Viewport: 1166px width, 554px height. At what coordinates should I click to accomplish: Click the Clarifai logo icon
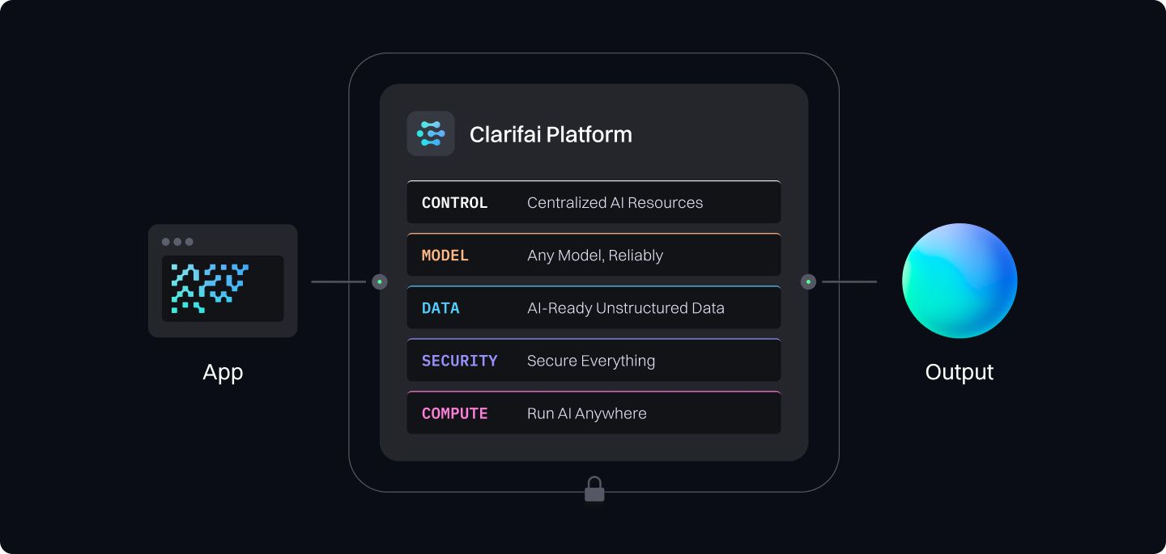click(x=430, y=133)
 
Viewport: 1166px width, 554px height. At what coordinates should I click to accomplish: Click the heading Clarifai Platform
click(x=551, y=134)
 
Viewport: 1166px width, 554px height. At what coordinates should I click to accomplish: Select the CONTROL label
click(x=454, y=203)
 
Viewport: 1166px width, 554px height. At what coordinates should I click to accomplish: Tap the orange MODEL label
click(x=445, y=256)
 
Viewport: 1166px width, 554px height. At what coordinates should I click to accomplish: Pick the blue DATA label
click(x=440, y=308)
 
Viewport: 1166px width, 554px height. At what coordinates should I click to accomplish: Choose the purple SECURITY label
click(x=459, y=361)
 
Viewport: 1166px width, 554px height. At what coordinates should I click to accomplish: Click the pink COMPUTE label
click(x=454, y=413)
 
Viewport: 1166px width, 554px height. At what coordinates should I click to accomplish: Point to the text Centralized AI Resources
click(x=615, y=203)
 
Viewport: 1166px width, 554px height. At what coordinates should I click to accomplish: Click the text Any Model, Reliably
click(x=594, y=256)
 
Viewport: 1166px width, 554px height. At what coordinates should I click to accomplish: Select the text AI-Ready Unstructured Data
click(x=625, y=308)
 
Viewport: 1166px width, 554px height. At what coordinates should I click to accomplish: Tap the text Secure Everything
click(x=590, y=361)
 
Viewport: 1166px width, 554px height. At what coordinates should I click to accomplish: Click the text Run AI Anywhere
click(x=586, y=413)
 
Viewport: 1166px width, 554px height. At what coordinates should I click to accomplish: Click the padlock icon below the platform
click(x=594, y=489)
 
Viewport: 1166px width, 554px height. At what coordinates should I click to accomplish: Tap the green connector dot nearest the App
click(x=380, y=281)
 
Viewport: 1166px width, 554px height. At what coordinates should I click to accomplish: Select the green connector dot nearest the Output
click(x=808, y=281)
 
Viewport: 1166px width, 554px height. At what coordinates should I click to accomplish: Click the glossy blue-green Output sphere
click(x=960, y=281)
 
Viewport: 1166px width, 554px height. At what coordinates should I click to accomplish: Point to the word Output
click(x=960, y=372)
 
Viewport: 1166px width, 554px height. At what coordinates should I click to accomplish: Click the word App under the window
click(x=223, y=372)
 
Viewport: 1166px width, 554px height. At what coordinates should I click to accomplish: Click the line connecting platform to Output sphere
click(x=849, y=281)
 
